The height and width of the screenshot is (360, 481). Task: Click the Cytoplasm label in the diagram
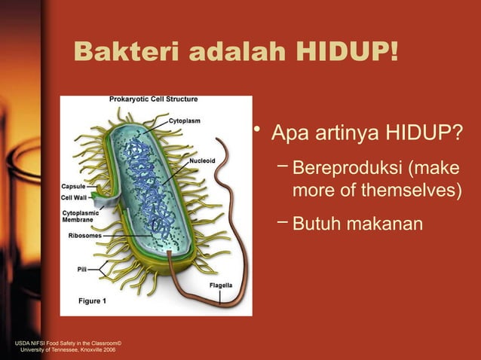pos(184,120)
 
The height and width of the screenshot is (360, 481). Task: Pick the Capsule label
pos(74,185)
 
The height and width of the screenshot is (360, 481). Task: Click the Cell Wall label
pos(75,197)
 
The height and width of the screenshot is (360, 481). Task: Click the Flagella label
pos(220,285)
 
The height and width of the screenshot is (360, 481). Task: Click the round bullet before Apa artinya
pos(257,133)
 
